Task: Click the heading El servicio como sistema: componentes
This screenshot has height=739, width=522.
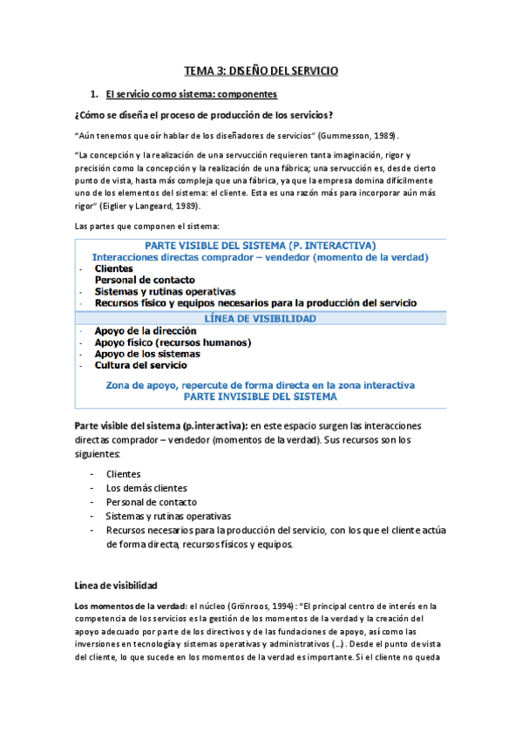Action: pos(191,93)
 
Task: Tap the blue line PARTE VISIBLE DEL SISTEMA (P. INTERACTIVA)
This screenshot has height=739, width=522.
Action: pos(260,246)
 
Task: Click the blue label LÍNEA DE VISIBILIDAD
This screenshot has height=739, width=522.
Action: pos(260,319)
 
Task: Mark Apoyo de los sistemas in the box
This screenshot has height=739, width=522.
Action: pos(147,354)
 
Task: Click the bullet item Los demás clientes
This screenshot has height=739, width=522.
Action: pos(146,488)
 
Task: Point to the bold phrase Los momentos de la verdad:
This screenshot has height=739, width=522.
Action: pos(127,605)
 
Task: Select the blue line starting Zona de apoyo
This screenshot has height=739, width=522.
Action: pos(260,384)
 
